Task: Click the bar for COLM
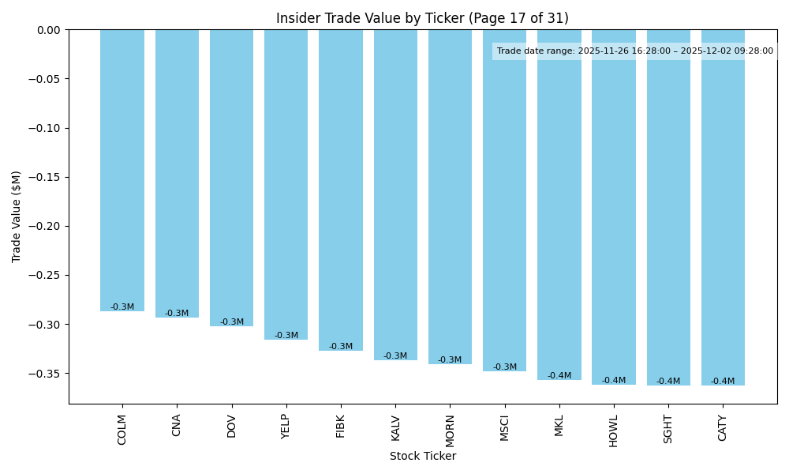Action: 122,170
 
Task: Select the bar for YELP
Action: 286,184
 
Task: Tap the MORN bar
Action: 450,197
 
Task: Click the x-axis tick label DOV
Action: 231,426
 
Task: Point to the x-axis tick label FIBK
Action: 341,427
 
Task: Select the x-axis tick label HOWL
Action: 613,429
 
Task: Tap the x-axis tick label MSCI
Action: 504,428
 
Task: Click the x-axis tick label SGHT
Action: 668,429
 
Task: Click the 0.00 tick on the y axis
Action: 47,30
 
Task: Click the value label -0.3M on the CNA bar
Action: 177,314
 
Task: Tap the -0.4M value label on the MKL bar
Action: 559,376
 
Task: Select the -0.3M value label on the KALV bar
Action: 395,356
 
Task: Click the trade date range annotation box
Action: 634,51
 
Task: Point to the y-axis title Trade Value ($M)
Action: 17,216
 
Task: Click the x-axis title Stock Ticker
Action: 423,457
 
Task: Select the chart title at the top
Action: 422,18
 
